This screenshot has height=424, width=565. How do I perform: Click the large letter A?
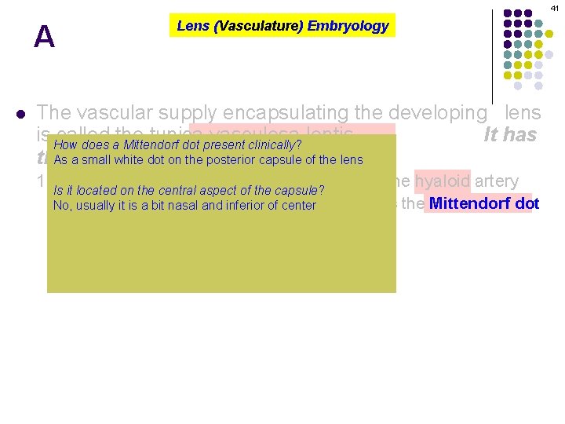[x=44, y=37]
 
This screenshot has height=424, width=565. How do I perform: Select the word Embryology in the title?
[x=348, y=26]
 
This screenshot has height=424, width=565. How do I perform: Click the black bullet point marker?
[x=21, y=113]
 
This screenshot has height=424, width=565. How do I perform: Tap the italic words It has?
[x=510, y=135]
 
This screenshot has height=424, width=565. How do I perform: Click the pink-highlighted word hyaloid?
[x=443, y=181]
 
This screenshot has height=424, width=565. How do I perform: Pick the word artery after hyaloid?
[x=495, y=181]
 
